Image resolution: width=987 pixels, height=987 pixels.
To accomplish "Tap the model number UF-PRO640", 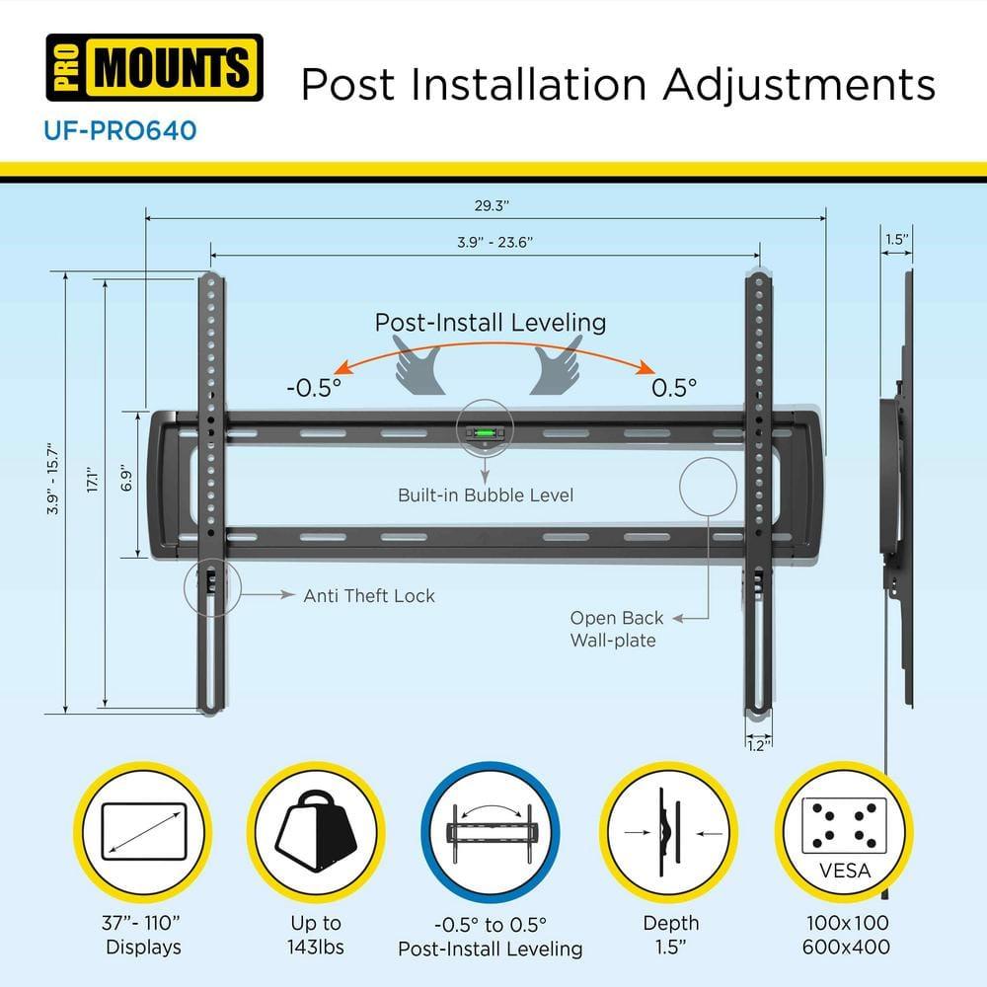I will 120,129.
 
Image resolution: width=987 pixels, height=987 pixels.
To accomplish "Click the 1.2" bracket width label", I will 758,747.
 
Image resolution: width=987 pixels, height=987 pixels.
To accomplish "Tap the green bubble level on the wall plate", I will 485,431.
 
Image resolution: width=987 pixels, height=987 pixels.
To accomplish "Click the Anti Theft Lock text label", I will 368,595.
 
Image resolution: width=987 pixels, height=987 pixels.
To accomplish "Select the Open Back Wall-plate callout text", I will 616,629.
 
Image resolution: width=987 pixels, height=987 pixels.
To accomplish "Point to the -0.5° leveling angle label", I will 313,387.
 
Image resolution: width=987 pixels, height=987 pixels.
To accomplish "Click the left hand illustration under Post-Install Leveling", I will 421,365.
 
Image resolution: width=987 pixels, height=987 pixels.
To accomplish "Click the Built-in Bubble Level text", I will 485,494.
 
